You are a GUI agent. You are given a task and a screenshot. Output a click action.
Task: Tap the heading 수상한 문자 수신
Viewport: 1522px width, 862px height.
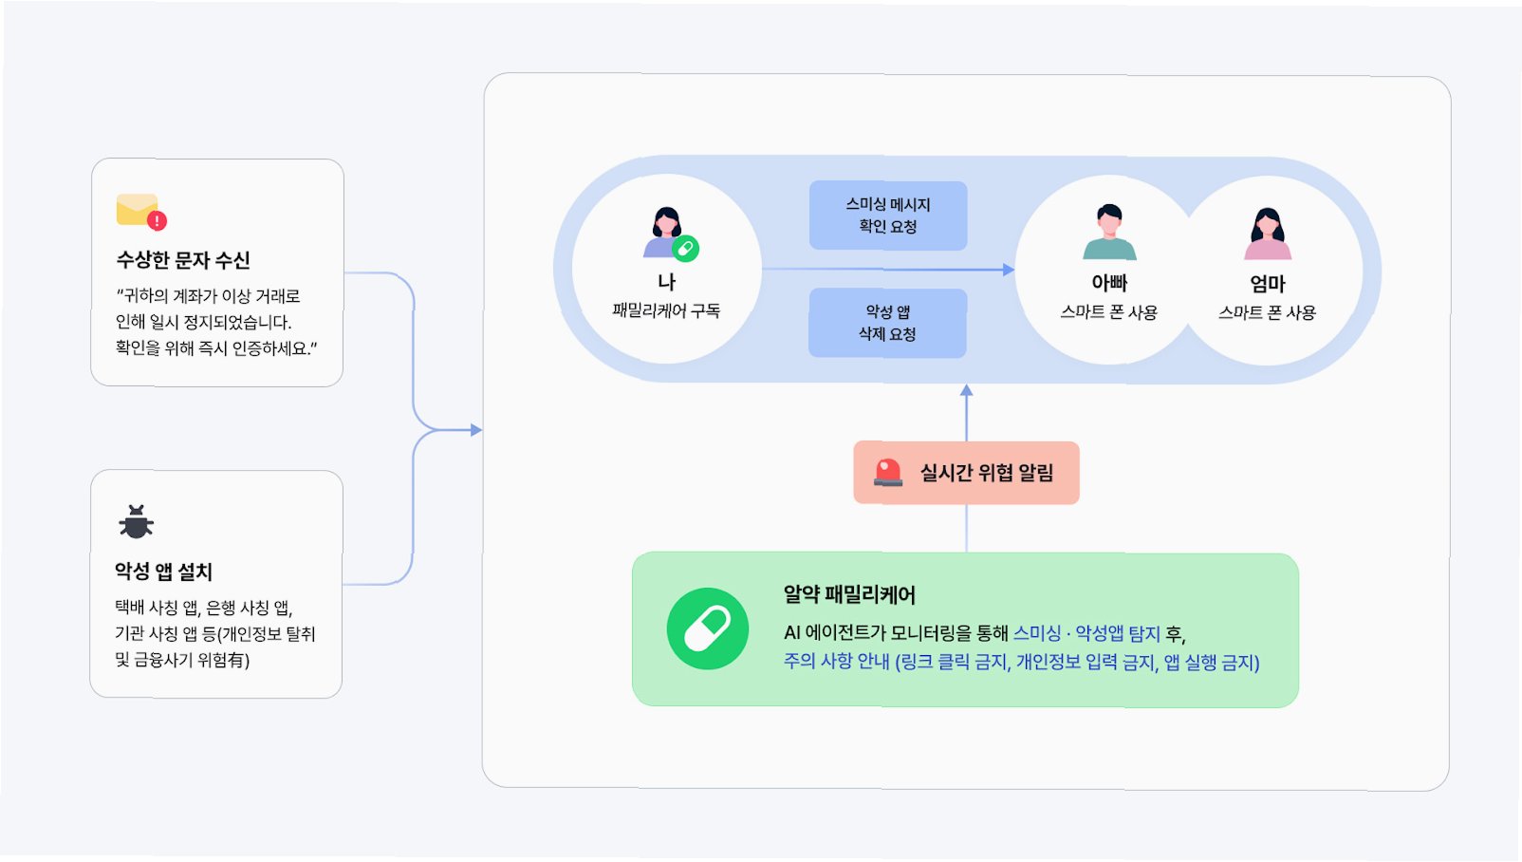click(183, 260)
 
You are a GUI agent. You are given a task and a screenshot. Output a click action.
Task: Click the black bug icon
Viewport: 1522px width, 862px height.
click(136, 522)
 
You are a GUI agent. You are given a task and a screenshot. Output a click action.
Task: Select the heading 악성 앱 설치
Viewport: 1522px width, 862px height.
click(163, 572)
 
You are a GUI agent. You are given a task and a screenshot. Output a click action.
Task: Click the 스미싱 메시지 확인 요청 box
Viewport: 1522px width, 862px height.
click(888, 215)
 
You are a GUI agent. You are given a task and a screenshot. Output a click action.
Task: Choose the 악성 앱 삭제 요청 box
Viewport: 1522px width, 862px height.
click(887, 323)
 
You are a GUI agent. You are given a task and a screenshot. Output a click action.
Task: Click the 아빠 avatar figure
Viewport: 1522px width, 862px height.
click(1109, 232)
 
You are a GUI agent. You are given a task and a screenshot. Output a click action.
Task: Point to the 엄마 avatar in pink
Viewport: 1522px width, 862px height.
click(1268, 234)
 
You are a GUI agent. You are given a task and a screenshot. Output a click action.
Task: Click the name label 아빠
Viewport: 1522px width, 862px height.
click(1109, 283)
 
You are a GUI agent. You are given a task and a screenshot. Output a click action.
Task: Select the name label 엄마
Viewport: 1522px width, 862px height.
click(1268, 284)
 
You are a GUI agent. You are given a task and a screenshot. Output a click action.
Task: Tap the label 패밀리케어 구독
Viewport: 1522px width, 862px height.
click(666, 310)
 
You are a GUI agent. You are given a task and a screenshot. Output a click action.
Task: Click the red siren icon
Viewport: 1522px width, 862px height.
click(888, 472)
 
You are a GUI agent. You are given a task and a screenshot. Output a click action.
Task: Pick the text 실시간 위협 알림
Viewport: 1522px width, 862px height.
click(987, 473)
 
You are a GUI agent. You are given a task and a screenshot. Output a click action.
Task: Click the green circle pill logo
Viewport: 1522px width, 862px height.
click(708, 628)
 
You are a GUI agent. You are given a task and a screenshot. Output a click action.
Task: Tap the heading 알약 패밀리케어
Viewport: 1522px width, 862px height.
click(849, 595)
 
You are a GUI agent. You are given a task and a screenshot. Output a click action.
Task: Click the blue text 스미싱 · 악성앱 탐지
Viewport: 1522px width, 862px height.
click(1086, 633)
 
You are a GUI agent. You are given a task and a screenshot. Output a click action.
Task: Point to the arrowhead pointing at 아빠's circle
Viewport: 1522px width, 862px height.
click(1008, 270)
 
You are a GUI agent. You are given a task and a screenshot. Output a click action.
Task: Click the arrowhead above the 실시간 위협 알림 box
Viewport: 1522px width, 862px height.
click(966, 390)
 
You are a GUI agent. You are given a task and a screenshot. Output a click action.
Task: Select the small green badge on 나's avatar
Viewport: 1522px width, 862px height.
click(685, 249)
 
